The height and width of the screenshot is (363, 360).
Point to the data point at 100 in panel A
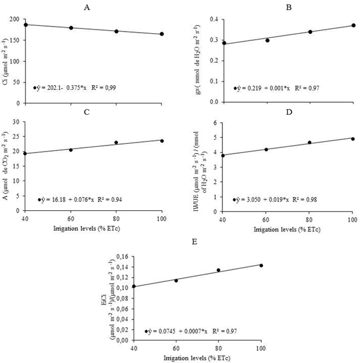coord(162,34)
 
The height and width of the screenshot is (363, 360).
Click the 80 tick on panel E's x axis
coord(218,349)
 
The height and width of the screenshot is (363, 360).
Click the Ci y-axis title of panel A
coord(5,61)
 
